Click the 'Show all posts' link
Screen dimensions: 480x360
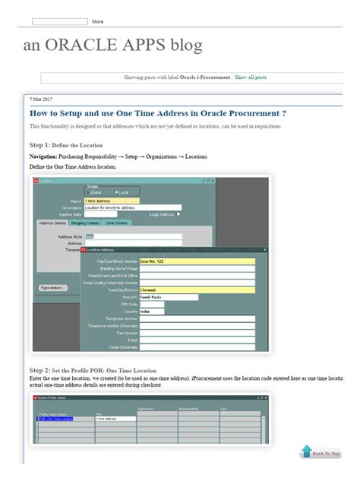point(251,77)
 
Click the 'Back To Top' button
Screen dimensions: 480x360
point(321,453)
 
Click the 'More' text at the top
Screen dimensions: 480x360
point(98,21)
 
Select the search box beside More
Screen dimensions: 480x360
point(60,21)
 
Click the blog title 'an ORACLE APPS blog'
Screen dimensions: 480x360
point(113,46)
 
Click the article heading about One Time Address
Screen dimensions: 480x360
point(157,113)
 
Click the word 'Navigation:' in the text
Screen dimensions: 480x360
point(43,156)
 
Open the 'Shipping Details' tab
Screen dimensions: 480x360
point(84,223)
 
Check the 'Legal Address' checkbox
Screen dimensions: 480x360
point(178,214)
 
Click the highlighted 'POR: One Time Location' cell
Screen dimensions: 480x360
point(55,418)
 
